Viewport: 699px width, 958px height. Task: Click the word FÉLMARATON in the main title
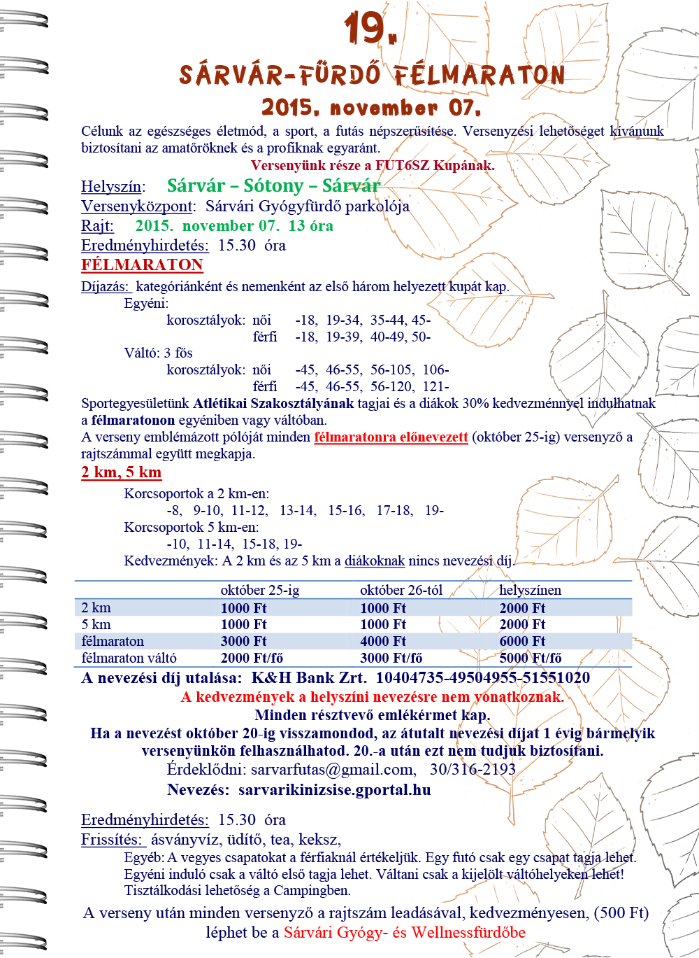(479, 75)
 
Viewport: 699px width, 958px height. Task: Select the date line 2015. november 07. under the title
(371, 108)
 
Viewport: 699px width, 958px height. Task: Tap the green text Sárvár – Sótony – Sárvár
(273, 185)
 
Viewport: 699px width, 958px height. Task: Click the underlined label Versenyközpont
(137, 206)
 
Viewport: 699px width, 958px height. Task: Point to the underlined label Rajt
(97, 226)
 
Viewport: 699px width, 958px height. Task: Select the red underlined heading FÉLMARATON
(142, 265)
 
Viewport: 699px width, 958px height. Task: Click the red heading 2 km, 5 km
(121, 472)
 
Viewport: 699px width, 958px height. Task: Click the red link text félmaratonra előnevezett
(391, 437)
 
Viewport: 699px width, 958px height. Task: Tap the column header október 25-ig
(260, 590)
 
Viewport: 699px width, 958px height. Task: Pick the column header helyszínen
(530, 590)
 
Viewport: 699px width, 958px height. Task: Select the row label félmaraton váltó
(129, 658)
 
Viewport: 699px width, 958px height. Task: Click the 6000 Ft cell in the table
(522, 642)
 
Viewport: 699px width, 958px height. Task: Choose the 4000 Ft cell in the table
(383, 642)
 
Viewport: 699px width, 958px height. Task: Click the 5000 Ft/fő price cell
(531, 658)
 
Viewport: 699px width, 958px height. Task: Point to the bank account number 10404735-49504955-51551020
(482, 677)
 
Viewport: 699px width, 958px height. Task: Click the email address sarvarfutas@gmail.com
(332, 770)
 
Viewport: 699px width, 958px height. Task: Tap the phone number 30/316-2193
(473, 770)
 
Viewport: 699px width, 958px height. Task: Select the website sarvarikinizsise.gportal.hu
(334, 790)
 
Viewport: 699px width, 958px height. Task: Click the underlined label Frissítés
(111, 840)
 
